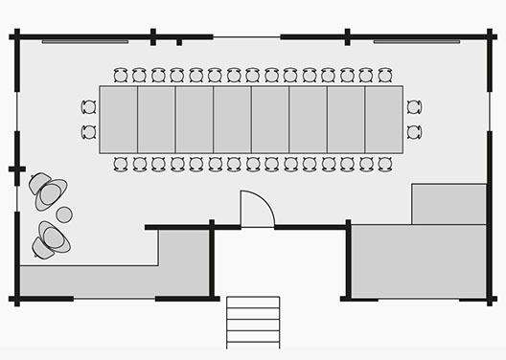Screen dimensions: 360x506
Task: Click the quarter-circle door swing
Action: coord(254,211)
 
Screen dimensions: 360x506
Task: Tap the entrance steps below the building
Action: coord(253,322)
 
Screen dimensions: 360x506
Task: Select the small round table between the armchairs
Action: coord(64,214)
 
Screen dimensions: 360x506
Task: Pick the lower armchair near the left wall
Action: coord(50,239)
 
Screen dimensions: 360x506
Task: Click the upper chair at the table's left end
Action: coord(89,107)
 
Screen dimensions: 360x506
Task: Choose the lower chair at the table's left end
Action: coord(89,131)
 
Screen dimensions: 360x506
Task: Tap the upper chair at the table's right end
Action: coord(413,107)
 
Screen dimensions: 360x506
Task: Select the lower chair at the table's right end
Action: coord(413,131)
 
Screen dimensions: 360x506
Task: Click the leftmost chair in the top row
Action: coord(121,75)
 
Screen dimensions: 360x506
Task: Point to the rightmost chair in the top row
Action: coord(384,75)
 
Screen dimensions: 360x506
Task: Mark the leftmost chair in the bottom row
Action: coord(121,164)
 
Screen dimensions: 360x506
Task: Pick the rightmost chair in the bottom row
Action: coord(384,164)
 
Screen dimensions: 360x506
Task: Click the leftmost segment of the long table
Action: coord(119,120)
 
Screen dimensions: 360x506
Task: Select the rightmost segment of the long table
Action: coord(383,120)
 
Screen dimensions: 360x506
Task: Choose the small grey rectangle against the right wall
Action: coord(448,204)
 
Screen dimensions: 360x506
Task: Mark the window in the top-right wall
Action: coord(416,41)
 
